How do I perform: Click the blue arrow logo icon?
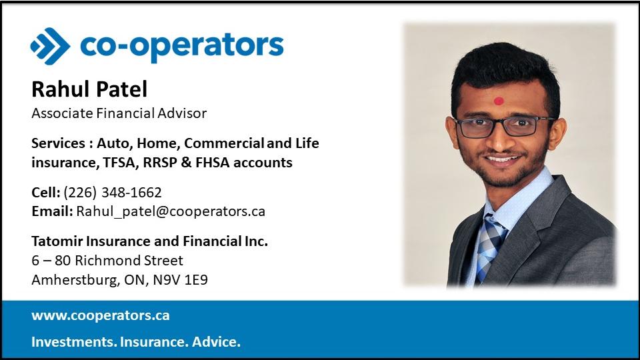[50, 46]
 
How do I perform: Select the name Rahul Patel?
[89, 89]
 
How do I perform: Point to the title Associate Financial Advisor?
[119, 113]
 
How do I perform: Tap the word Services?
[59, 143]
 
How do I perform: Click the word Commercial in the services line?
[224, 143]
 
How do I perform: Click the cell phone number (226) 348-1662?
[113, 192]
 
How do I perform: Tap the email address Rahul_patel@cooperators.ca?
[171, 211]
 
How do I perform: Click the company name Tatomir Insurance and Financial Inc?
[149, 241]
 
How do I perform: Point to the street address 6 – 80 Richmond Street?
[107, 261]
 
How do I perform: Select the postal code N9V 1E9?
[181, 279]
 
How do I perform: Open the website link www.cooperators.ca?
[101, 315]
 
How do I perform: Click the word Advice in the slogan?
[216, 341]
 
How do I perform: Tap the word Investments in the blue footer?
[73, 341]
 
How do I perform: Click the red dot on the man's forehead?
[499, 101]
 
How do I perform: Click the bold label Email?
[52, 211]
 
